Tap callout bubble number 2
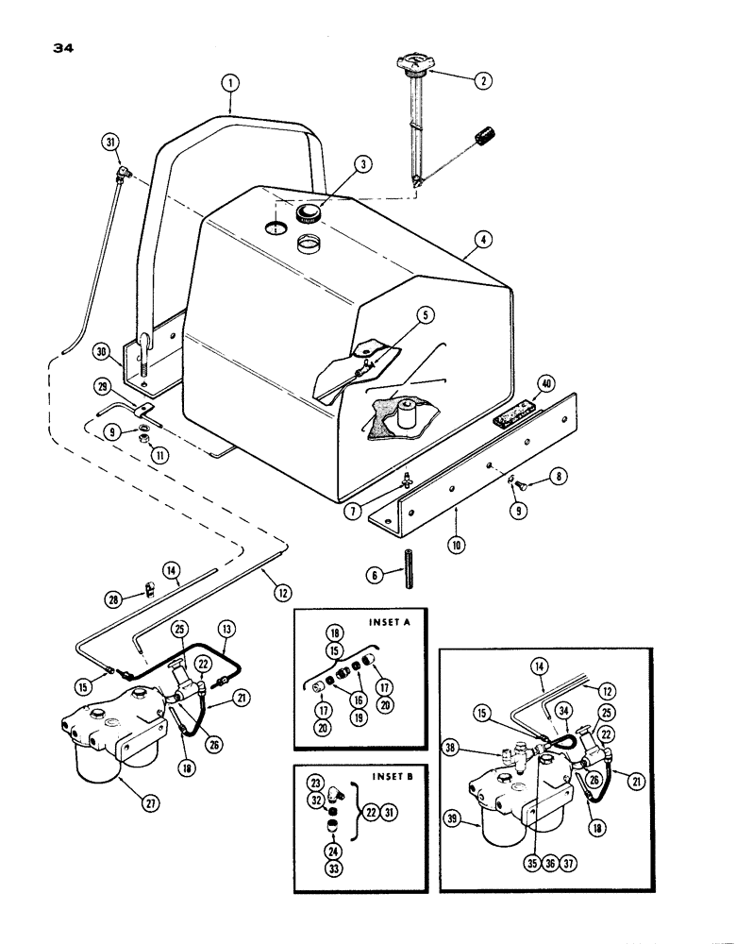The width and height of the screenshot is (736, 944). (483, 81)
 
